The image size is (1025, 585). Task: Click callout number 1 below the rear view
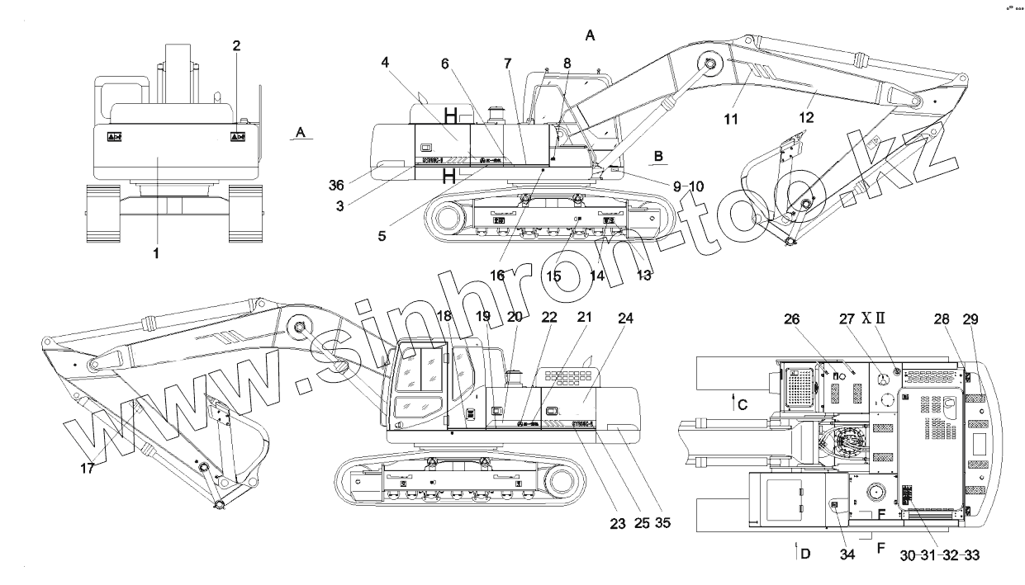156,254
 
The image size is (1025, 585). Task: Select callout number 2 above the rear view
236,46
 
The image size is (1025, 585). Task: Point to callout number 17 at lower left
87,468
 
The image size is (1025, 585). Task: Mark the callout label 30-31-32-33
940,555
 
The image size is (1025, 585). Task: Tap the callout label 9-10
687,186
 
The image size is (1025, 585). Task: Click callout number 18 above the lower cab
444,318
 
